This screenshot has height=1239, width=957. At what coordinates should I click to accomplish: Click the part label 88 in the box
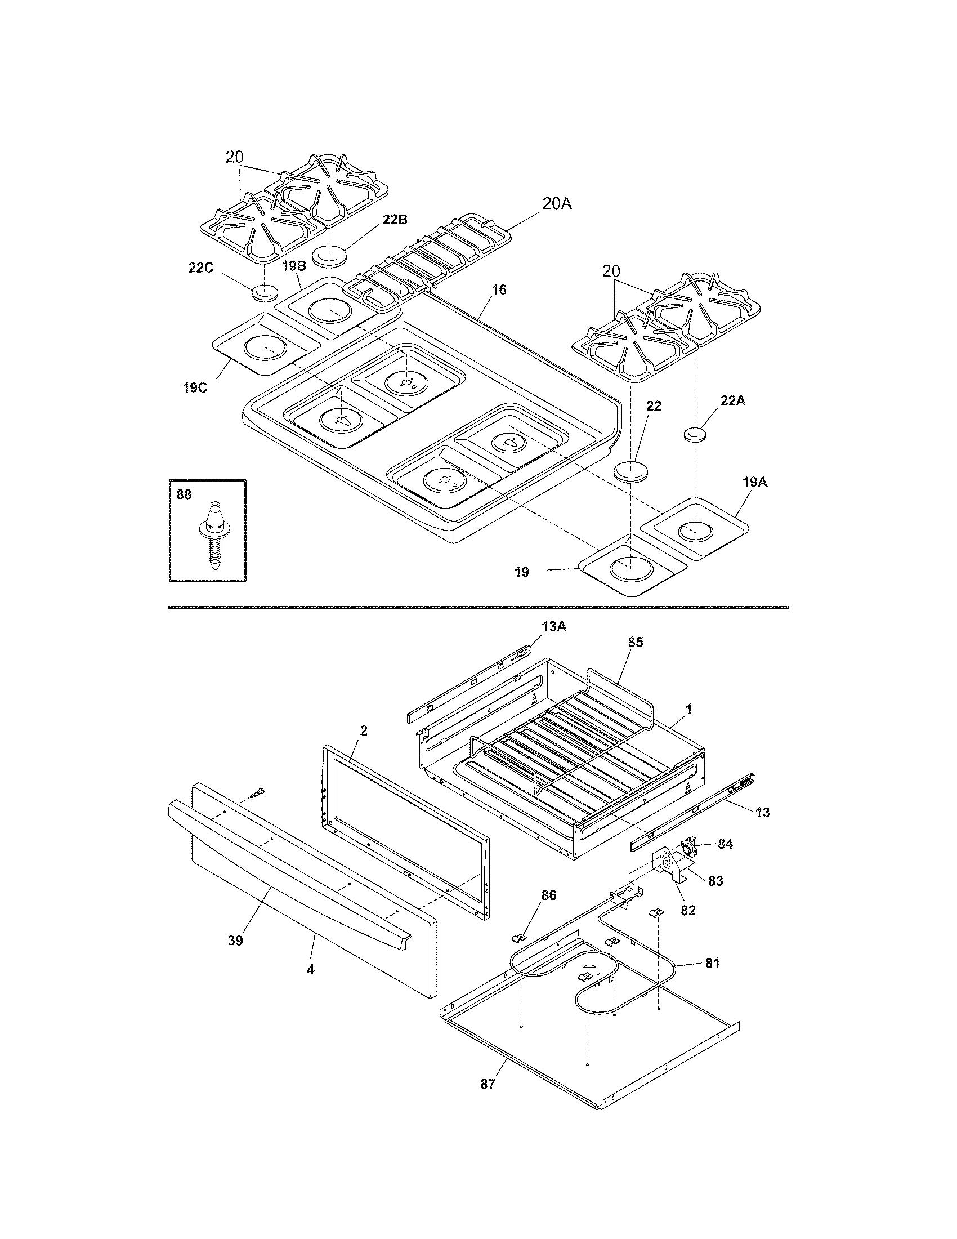(184, 494)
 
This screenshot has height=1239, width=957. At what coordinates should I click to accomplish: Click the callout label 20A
(556, 204)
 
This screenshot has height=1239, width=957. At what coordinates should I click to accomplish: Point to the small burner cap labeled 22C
(265, 293)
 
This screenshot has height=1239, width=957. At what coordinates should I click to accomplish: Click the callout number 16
(498, 290)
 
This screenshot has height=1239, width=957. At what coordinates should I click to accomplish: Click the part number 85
(636, 642)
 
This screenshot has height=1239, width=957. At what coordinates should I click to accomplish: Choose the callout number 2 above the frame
(364, 730)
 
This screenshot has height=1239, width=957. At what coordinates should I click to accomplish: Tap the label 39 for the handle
(235, 941)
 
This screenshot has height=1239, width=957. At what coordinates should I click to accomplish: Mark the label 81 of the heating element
(712, 962)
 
